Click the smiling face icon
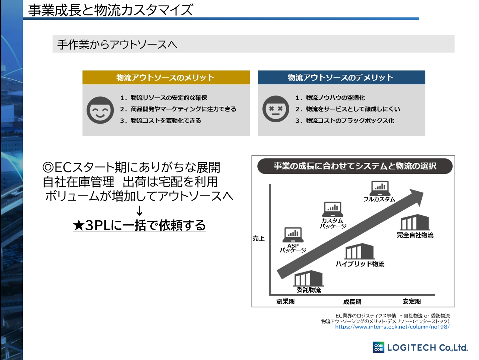[x=100, y=110]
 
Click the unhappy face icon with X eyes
[x=275, y=109]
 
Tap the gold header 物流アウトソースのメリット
[x=166, y=77]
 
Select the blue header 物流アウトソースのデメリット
[x=341, y=77]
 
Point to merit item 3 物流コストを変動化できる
[x=166, y=121]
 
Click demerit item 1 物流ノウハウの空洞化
[x=335, y=98]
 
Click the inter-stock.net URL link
[x=392, y=327]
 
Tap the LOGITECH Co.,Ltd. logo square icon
[x=379, y=347]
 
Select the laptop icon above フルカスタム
[x=380, y=188]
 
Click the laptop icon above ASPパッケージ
[x=293, y=234]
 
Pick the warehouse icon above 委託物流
[x=308, y=278]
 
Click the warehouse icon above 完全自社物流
[x=415, y=223]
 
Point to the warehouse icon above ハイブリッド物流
[x=359, y=251]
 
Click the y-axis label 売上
[x=258, y=238]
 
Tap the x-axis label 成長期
[x=352, y=302]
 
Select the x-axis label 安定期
[x=412, y=301]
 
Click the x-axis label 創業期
[x=286, y=301]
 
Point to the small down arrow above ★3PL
[x=140, y=211]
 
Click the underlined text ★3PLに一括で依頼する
[x=139, y=225]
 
